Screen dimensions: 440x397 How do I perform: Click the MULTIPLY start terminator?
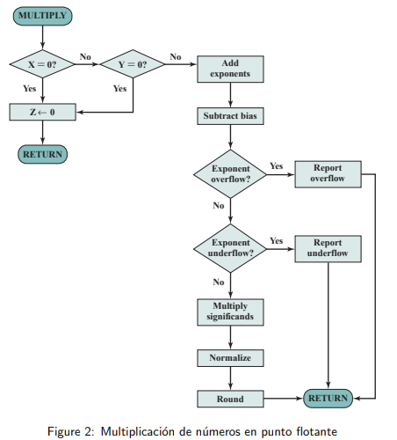click(x=42, y=16)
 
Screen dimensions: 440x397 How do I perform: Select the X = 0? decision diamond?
click(x=42, y=64)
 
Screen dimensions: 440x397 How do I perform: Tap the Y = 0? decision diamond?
click(x=132, y=64)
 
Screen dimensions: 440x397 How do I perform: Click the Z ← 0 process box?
click(x=42, y=112)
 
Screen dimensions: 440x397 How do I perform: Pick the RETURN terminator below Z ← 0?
click(x=42, y=154)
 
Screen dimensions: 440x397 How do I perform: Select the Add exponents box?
click(x=230, y=69)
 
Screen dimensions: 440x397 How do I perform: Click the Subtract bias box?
click(x=230, y=115)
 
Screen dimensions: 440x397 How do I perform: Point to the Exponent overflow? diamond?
click(x=230, y=172)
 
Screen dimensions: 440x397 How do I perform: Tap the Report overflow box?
click(x=328, y=173)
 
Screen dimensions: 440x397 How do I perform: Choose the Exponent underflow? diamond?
click(x=230, y=247)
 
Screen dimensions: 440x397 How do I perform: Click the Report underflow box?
click(x=328, y=248)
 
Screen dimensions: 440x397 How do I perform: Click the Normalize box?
click(x=230, y=358)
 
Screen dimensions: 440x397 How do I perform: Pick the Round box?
click(x=230, y=399)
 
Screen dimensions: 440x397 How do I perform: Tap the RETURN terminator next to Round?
click(x=328, y=399)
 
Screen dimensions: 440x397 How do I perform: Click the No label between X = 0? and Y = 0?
click(x=85, y=56)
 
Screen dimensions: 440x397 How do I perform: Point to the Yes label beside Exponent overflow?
click(x=276, y=165)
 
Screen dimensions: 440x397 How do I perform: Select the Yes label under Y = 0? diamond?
click(x=120, y=88)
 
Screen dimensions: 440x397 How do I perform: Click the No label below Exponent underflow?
click(x=218, y=282)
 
